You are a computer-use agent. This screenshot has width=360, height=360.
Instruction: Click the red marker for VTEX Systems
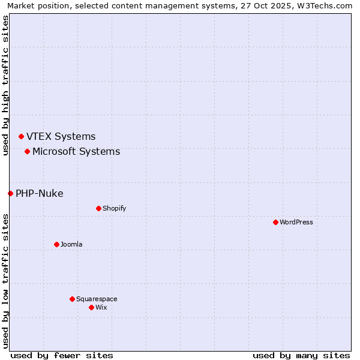tap(21, 137)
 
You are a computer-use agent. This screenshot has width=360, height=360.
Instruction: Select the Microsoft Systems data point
tap(27, 151)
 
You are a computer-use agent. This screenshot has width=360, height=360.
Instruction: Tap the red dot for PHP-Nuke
tap(10, 193)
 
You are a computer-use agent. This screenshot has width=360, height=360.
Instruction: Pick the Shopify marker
tap(98, 208)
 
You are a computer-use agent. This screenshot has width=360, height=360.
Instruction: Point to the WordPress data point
tap(275, 222)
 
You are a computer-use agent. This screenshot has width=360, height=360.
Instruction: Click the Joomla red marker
tap(56, 244)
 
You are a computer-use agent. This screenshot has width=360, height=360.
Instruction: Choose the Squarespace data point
tap(72, 299)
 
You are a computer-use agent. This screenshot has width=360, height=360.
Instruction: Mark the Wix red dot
tap(91, 307)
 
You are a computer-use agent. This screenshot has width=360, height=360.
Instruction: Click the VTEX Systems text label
tap(61, 137)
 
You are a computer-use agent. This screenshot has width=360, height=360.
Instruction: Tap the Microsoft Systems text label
tap(76, 151)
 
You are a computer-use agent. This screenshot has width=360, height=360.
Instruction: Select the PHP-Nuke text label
tap(39, 193)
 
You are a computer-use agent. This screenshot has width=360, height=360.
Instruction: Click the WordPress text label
tap(296, 222)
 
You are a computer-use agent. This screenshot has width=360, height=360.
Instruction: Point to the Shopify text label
tap(114, 208)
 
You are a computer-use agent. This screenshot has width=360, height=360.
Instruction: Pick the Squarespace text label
tap(97, 299)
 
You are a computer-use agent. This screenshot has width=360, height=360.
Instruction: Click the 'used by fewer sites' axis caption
tap(62, 355)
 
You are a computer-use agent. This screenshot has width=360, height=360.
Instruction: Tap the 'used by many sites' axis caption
tap(301, 355)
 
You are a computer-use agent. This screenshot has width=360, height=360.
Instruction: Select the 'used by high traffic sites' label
tap(5, 85)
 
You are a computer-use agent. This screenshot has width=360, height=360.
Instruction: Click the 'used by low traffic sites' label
tap(5, 280)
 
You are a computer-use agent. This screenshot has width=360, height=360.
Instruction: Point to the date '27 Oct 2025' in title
tap(262, 5)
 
